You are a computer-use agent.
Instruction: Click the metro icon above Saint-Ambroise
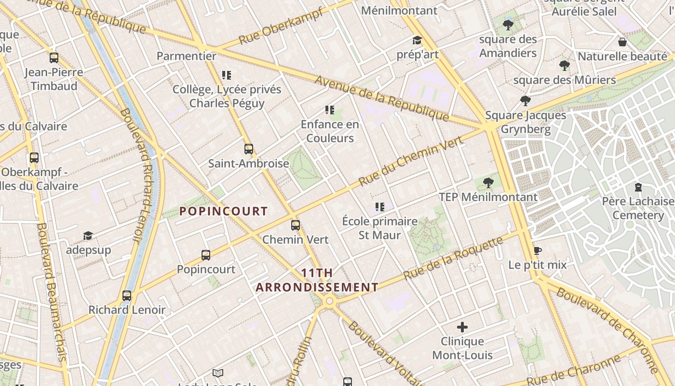coord(249,149)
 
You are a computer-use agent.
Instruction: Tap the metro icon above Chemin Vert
coord(296,225)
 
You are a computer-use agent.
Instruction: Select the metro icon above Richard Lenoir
coord(127,295)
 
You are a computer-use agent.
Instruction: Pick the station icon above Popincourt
coord(206,255)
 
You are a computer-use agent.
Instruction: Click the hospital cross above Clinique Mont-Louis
coord(462,327)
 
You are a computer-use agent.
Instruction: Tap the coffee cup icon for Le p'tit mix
coord(538,250)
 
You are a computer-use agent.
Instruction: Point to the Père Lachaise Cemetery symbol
coord(638,187)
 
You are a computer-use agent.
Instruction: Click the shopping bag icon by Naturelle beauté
coord(622,42)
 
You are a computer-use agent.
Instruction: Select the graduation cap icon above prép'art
coord(417,40)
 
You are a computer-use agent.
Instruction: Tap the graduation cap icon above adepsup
coord(88,235)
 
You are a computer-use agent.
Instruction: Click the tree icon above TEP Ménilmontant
coord(488,182)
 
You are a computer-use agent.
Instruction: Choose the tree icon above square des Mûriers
coord(565,65)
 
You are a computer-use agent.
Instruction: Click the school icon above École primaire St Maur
coord(380,207)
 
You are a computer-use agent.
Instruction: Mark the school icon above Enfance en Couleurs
coord(330,110)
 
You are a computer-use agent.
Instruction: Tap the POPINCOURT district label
coord(223,211)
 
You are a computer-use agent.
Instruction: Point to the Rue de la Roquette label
coord(453,259)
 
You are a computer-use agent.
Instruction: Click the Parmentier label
coord(187,56)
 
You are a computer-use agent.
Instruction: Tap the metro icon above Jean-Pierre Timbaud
coord(54,58)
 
